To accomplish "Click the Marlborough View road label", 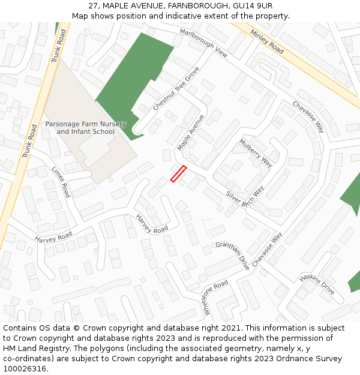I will click(x=203, y=42).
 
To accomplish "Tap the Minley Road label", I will click(x=266, y=42).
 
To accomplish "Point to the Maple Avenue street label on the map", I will click(x=191, y=133).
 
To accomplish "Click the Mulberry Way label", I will click(x=256, y=152).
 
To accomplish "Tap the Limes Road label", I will click(x=61, y=182).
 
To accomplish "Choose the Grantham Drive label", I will click(x=232, y=256).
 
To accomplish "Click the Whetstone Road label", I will click(x=216, y=297).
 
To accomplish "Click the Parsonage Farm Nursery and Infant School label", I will click(x=86, y=128).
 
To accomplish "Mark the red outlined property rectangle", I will click(x=178, y=173).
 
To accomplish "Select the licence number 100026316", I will click(x=25, y=369).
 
